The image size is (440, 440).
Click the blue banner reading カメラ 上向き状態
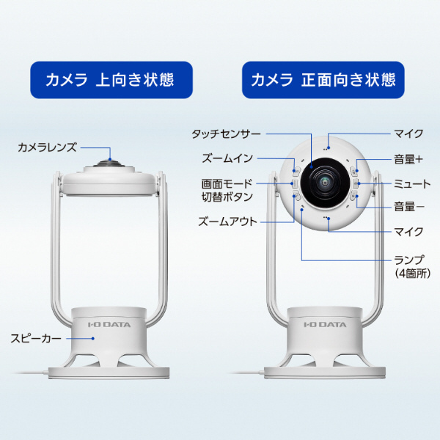pos(111,80)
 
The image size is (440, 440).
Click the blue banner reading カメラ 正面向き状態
pos(323,80)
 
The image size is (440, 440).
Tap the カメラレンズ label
pos(47,147)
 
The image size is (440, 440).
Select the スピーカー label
pos(36,338)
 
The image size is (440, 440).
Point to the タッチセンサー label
pos(226,134)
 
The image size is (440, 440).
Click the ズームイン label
pos(227,158)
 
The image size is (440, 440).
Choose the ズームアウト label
pos(227,221)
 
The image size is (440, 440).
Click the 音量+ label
pos(408,159)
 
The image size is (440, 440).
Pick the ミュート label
pos(411,184)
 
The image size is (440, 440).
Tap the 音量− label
pos(409,207)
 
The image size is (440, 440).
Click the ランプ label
pos(409,260)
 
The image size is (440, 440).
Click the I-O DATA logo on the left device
pos(109,325)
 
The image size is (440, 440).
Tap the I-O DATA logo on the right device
pos(325,325)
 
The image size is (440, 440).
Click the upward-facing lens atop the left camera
pos(110,163)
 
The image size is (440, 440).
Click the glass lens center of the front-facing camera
pos(325,182)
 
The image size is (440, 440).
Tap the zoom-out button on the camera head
pos(296,195)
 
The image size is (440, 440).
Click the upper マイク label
pos(408,133)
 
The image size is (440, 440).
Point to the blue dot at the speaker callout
pos(93,338)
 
